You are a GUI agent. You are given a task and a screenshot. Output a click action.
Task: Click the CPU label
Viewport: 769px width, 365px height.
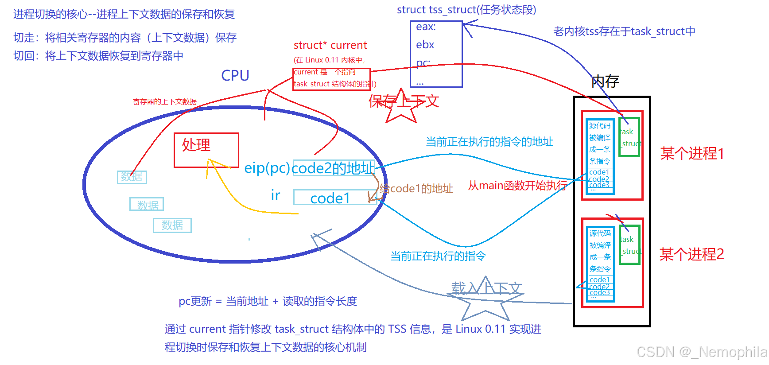[x=235, y=76]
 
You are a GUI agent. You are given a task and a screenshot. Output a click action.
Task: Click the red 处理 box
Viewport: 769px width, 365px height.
[x=206, y=150]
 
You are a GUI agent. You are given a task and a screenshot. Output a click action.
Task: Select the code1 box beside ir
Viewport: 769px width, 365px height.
[x=331, y=198]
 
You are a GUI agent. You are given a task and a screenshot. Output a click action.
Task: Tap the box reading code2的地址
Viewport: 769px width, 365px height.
[x=334, y=168]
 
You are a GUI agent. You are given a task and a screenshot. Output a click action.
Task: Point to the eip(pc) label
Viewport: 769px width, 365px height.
[x=267, y=168]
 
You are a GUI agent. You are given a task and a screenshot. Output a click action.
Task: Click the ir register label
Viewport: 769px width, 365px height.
[x=276, y=195]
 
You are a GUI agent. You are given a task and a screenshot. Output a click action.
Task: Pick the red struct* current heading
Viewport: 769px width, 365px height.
[x=330, y=45]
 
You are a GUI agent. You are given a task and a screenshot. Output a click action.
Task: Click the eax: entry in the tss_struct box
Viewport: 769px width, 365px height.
[x=426, y=27]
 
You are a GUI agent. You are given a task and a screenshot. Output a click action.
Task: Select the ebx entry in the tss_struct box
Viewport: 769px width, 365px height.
[x=425, y=45]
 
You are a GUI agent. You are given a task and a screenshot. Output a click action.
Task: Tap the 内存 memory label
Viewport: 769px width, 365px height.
[x=605, y=82]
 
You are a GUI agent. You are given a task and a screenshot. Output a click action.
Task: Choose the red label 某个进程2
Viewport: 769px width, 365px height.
[x=692, y=254]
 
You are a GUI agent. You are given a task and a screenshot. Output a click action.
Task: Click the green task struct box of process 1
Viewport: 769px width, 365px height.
[x=629, y=137]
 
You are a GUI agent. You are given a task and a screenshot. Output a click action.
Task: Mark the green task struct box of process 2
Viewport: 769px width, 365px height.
[x=629, y=245]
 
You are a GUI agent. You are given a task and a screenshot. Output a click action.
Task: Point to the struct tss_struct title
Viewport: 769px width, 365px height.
[x=466, y=10]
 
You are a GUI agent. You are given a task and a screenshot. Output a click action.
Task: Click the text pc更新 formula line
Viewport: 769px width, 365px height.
[x=268, y=301]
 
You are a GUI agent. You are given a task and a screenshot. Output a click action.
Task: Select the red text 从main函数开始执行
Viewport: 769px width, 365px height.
[x=517, y=185]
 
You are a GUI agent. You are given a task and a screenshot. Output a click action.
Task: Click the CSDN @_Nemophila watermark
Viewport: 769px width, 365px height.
[x=702, y=352]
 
